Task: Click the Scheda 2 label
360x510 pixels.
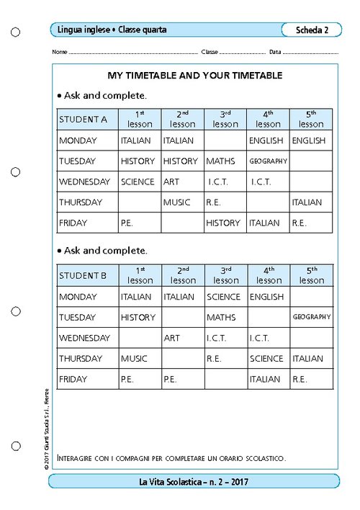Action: tap(312, 30)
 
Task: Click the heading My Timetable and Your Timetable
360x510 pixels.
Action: tap(194, 75)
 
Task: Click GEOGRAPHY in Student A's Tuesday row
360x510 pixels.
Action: tap(268, 161)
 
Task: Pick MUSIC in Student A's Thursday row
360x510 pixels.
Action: tap(177, 202)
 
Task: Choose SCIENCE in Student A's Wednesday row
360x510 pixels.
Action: tap(138, 182)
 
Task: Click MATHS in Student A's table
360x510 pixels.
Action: tap(220, 161)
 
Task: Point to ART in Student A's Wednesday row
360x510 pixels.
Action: tap(171, 182)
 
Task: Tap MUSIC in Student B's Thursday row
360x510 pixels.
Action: tap(134, 359)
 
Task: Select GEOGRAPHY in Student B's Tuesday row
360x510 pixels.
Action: tap(311, 317)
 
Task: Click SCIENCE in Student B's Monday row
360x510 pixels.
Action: tap(223, 297)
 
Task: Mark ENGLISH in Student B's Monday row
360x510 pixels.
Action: tap(266, 297)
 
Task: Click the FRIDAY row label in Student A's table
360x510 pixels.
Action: tap(73, 223)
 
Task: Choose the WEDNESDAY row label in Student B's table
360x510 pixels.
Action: tap(84, 338)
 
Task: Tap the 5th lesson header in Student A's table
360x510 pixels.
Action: tap(311, 119)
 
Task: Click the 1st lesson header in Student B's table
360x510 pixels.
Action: tap(140, 275)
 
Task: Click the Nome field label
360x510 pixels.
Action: tap(60, 53)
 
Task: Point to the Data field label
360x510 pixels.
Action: tap(275, 53)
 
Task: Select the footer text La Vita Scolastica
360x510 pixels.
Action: tap(194, 481)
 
